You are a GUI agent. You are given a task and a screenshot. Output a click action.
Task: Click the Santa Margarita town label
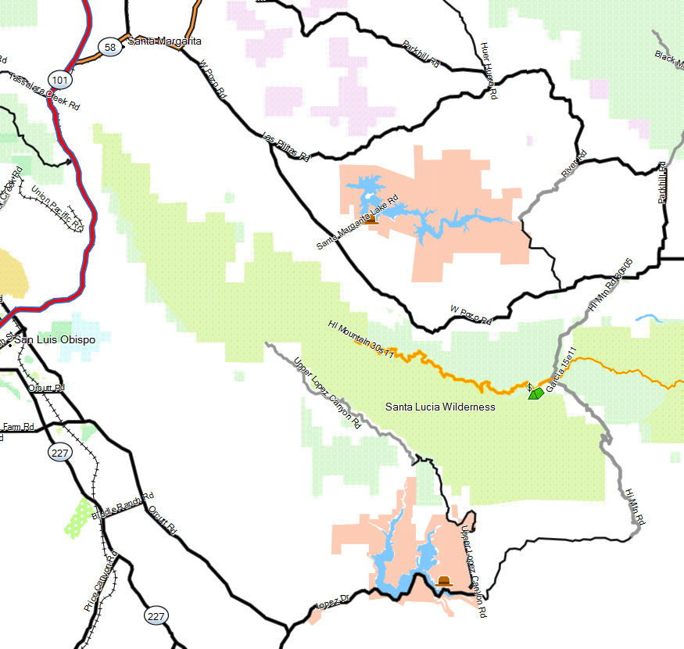click(x=164, y=41)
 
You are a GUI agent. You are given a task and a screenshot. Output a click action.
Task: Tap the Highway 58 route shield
click(x=109, y=48)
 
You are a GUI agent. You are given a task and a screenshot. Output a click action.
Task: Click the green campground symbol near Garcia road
click(x=535, y=393)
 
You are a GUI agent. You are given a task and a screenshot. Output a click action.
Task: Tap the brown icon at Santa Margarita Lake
click(x=371, y=220)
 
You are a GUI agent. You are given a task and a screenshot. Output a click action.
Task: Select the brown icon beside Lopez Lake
click(x=444, y=581)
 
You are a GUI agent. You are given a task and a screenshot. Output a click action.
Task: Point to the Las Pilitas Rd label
click(x=287, y=147)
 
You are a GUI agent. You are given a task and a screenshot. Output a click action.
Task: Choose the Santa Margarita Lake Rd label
click(x=357, y=222)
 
